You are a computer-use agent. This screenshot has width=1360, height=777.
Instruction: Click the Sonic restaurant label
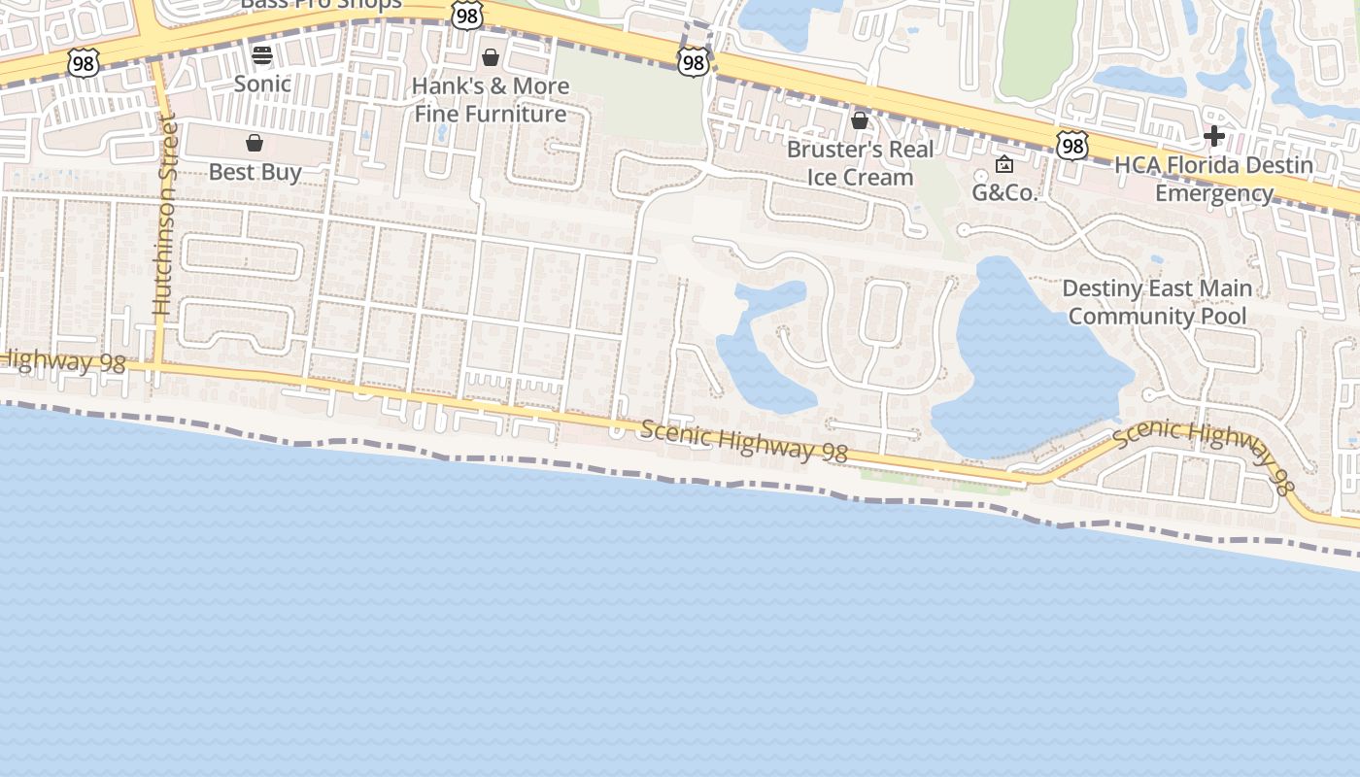tap(262, 84)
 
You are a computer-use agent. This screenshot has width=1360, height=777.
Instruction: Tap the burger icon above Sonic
tap(262, 54)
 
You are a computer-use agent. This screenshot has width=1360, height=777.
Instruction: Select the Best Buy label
tap(255, 172)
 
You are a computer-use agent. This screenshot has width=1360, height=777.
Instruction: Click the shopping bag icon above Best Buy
tap(255, 144)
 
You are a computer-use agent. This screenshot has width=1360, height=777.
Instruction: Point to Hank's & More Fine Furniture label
tap(491, 100)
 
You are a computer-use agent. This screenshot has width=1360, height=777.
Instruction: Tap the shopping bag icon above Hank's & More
tap(491, 57)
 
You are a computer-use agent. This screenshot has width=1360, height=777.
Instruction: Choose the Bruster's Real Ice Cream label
tap(860, 163)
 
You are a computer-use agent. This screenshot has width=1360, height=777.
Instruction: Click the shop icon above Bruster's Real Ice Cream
tap(860, 120)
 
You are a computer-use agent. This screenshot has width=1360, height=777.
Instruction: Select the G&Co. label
tap(1005, 192)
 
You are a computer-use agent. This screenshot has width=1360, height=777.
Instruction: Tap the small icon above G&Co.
tap(1004, 165)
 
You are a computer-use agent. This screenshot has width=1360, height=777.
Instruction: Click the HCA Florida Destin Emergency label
tap(1213, 179)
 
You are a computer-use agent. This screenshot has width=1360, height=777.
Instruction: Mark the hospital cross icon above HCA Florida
tap(1213, 136)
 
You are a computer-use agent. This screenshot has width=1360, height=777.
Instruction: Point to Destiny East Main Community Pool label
tap(1157, 302)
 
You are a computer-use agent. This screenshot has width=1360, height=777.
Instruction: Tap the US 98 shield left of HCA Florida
tap(1071, 147)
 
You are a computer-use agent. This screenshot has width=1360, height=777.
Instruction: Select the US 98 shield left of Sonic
tap(83, 63)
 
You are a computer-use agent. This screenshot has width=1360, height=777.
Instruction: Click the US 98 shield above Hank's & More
tap(467, 15)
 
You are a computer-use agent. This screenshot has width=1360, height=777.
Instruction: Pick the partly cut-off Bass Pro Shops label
tap(322, 5)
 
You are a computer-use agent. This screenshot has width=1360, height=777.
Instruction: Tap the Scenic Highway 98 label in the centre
tap(743, 440)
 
